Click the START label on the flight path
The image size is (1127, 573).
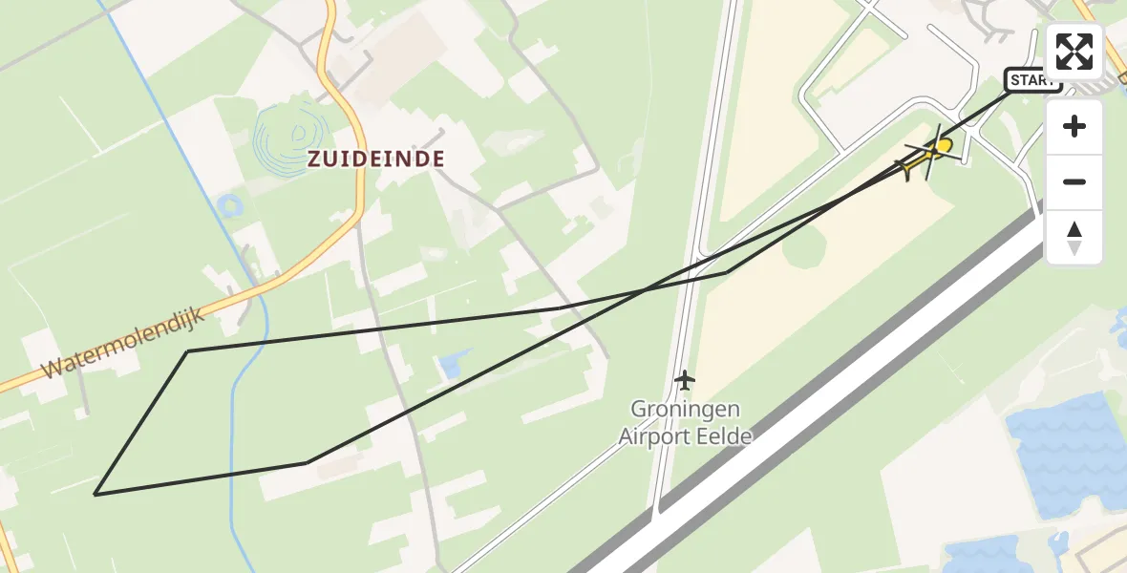click(x=1032, y=80)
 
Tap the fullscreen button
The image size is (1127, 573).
click(x=1074, y=52)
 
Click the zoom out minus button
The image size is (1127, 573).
click(x=1074, y=181)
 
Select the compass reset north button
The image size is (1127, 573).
click(x=1074, y=237)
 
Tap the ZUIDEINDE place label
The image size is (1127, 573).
click(x=376, y=159)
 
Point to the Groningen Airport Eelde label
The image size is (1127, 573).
click(x=685, y=422)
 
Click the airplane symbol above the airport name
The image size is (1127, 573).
click(x=684, y=380)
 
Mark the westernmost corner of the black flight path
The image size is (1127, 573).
click(x=96, y=494)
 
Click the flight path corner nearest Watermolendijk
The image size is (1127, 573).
click(x=188, y=351)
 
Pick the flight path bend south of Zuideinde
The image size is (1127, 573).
click(x=308, y=463)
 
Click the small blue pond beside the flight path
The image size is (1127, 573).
click(x=448, y=365)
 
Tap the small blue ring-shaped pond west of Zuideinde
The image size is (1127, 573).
click(x=229, y=204)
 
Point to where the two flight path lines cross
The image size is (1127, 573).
click(x=644, y=289)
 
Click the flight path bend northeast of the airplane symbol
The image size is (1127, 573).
click(x=726, y=272)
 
